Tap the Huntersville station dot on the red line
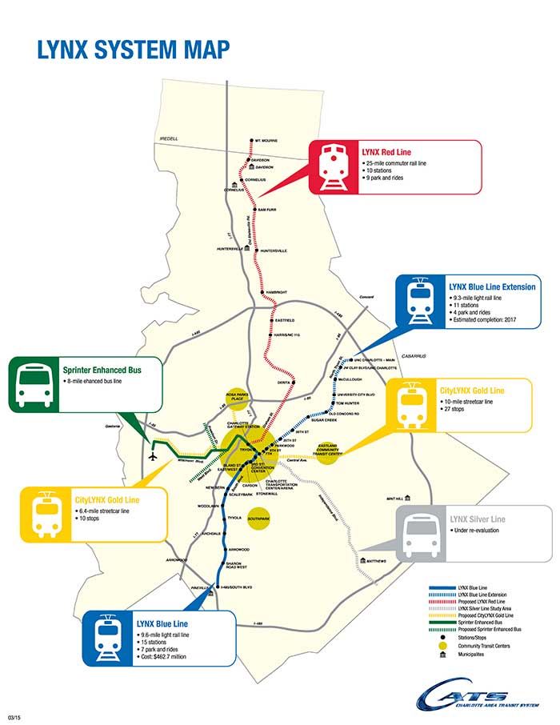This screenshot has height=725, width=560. coord(256,250)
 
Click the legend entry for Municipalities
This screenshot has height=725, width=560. coord(473,654)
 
